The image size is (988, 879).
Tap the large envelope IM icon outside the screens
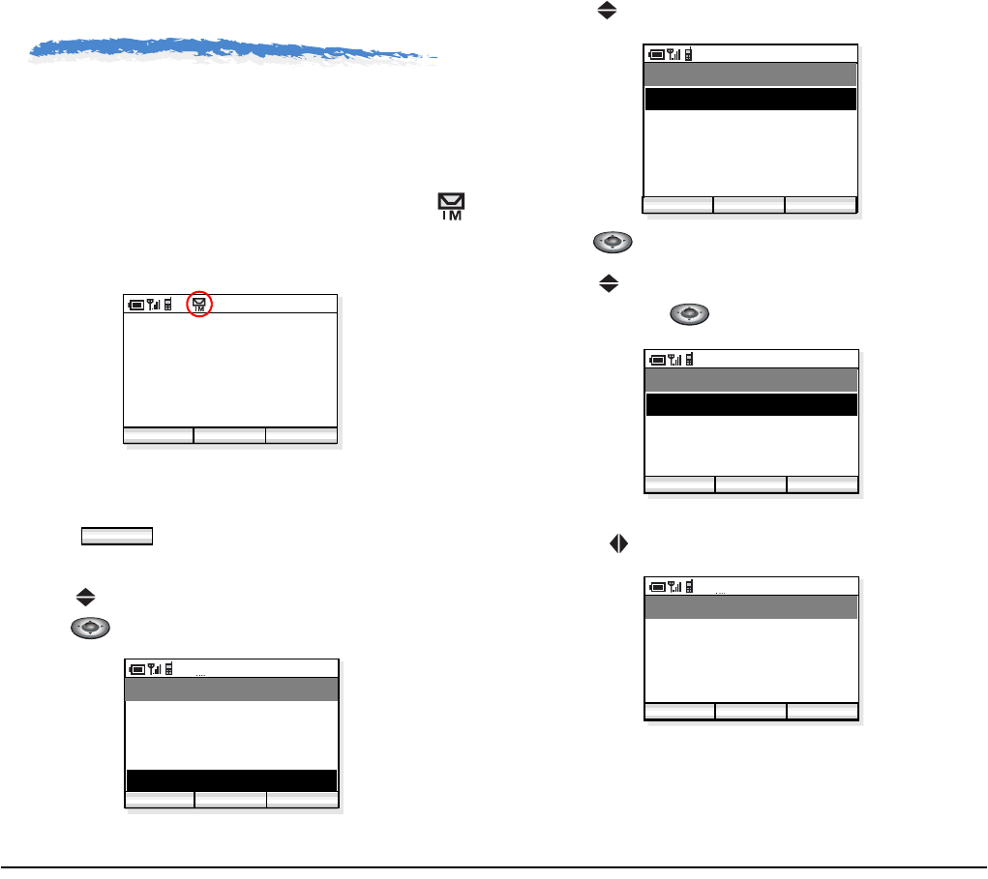[452, 207]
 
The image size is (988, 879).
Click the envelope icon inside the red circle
[199, 304]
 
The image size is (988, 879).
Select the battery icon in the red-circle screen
[136, 305]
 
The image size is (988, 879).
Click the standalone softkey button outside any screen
[116, 537]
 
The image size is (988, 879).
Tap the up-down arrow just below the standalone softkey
[84, 599]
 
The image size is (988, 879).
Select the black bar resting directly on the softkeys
[231, 780]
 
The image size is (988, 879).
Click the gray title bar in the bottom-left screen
[232, 689]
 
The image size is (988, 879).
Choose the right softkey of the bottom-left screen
[302, 799]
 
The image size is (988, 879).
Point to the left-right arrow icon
[613, 543]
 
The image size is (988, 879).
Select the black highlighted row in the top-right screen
[750, 100]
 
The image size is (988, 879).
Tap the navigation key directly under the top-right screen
[612, 243]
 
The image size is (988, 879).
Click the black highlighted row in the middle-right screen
[751, 404]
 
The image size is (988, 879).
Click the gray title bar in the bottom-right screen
[751, 607]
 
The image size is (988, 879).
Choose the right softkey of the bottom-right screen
[822, 712]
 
